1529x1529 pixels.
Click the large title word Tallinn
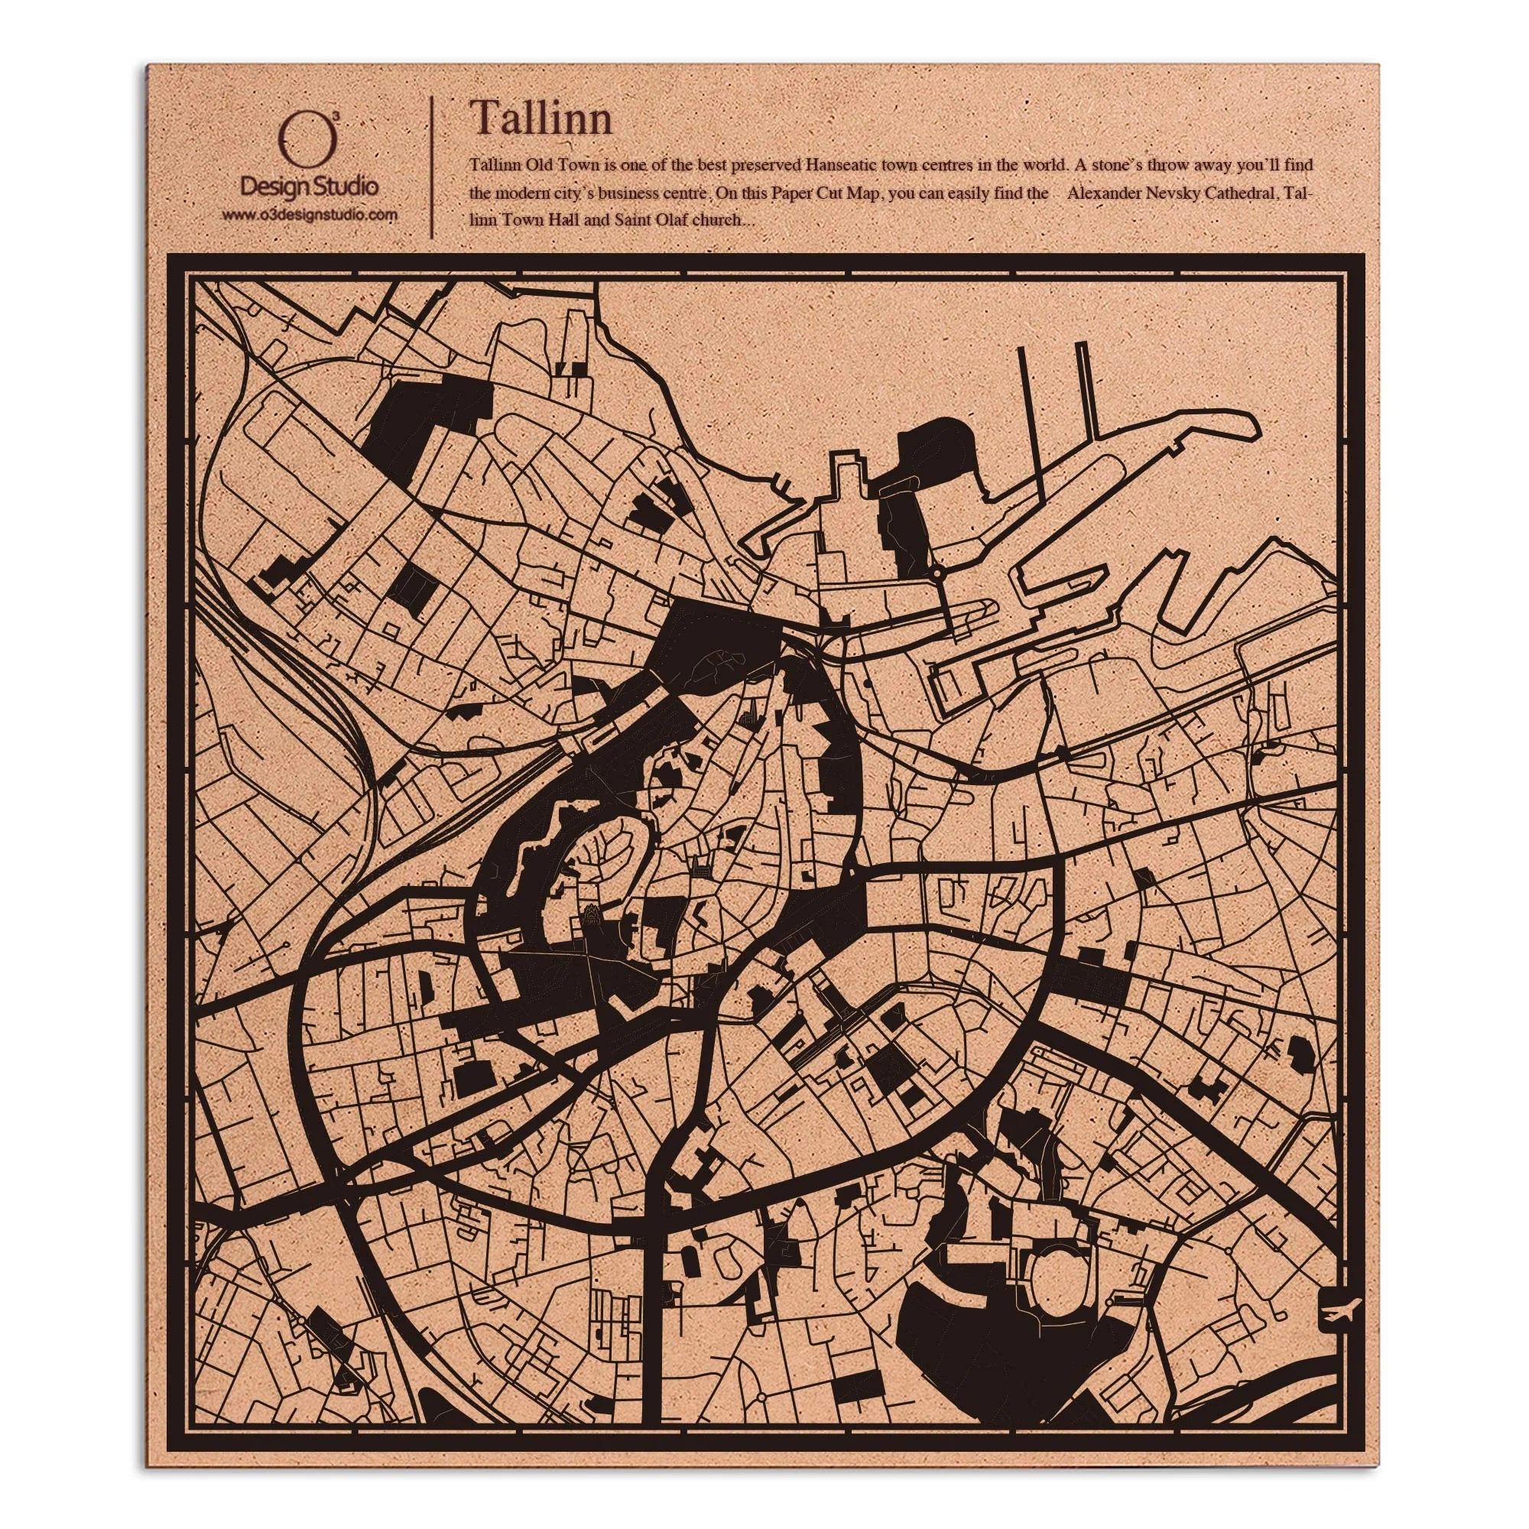[541, 118]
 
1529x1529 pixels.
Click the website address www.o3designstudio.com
[310, 215]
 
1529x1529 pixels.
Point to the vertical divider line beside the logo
[430, 167]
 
